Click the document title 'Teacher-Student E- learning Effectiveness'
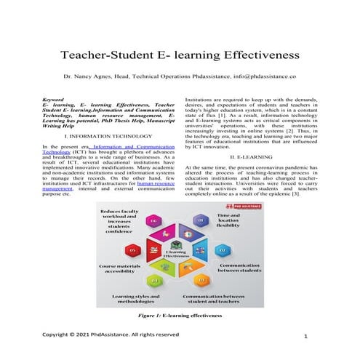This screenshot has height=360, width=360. (180, 55)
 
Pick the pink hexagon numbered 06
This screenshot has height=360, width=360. (153, 220)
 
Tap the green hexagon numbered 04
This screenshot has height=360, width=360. (154, 280)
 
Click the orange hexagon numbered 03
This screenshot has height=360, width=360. (201, 280)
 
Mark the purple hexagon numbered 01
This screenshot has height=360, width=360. (201, 220)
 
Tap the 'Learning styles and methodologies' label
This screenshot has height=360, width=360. (135, 300)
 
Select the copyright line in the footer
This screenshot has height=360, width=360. (111, 335)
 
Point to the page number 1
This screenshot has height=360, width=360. (308, 336)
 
